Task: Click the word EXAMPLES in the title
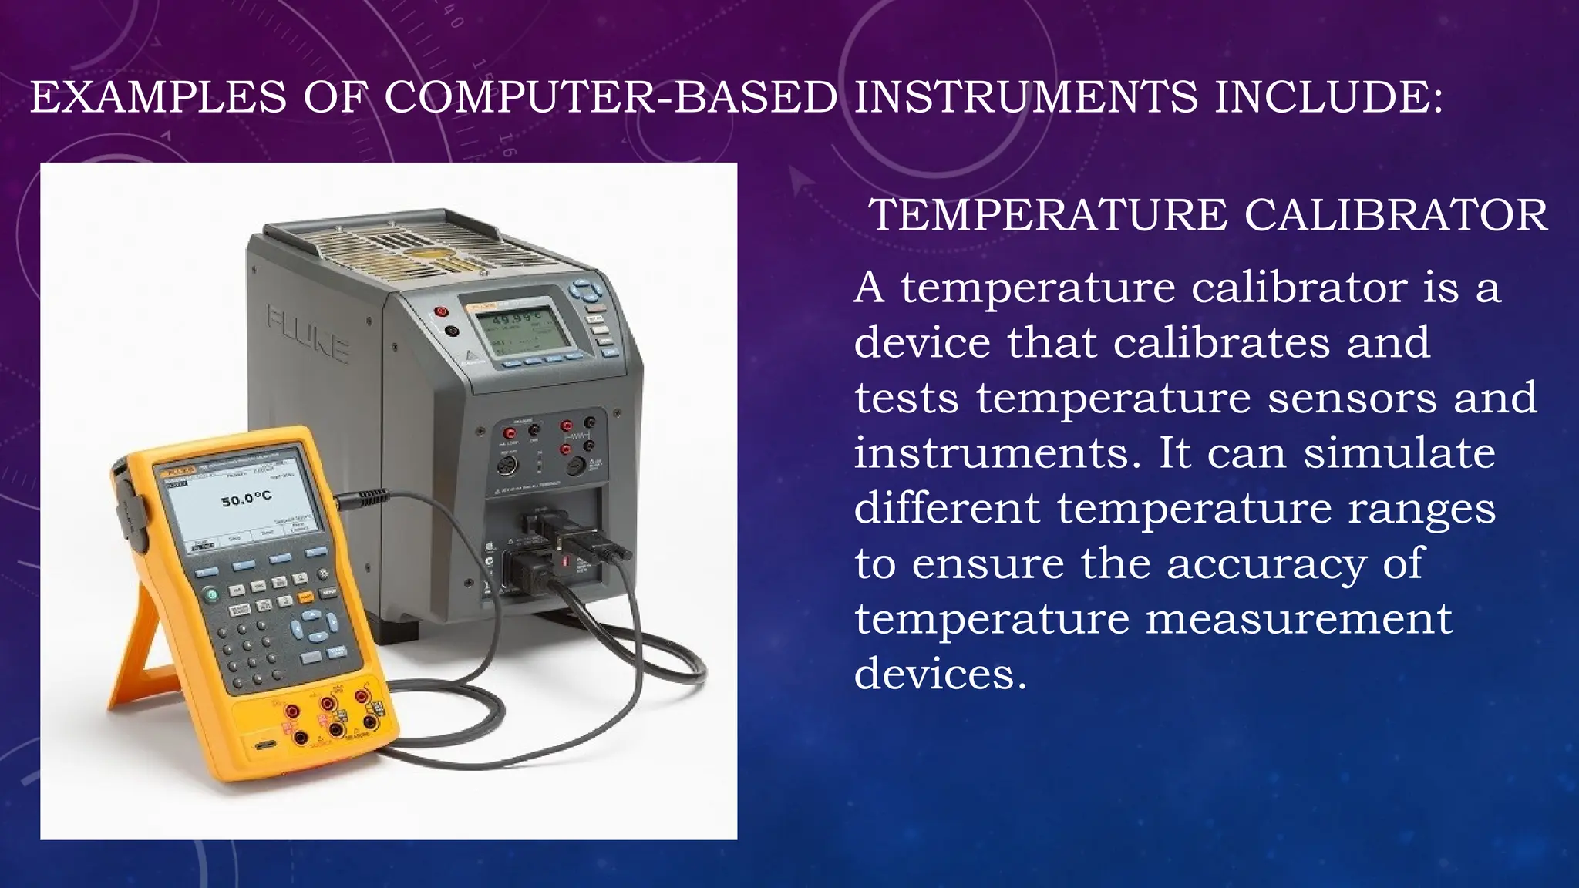(x=158, y=99)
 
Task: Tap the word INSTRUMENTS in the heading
(x=1026, y=99)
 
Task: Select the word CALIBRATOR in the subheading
(x=1396, y=216)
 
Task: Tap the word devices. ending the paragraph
(x=940, y=674)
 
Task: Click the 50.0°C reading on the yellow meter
(x=246, y=499)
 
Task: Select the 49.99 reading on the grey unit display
(x=516, y=317)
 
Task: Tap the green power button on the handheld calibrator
(x=210, y=594)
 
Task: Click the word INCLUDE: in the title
(x=1328, y=99)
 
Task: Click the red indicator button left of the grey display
(x=441, y=312)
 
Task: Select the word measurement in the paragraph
(x=1298, y=619)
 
